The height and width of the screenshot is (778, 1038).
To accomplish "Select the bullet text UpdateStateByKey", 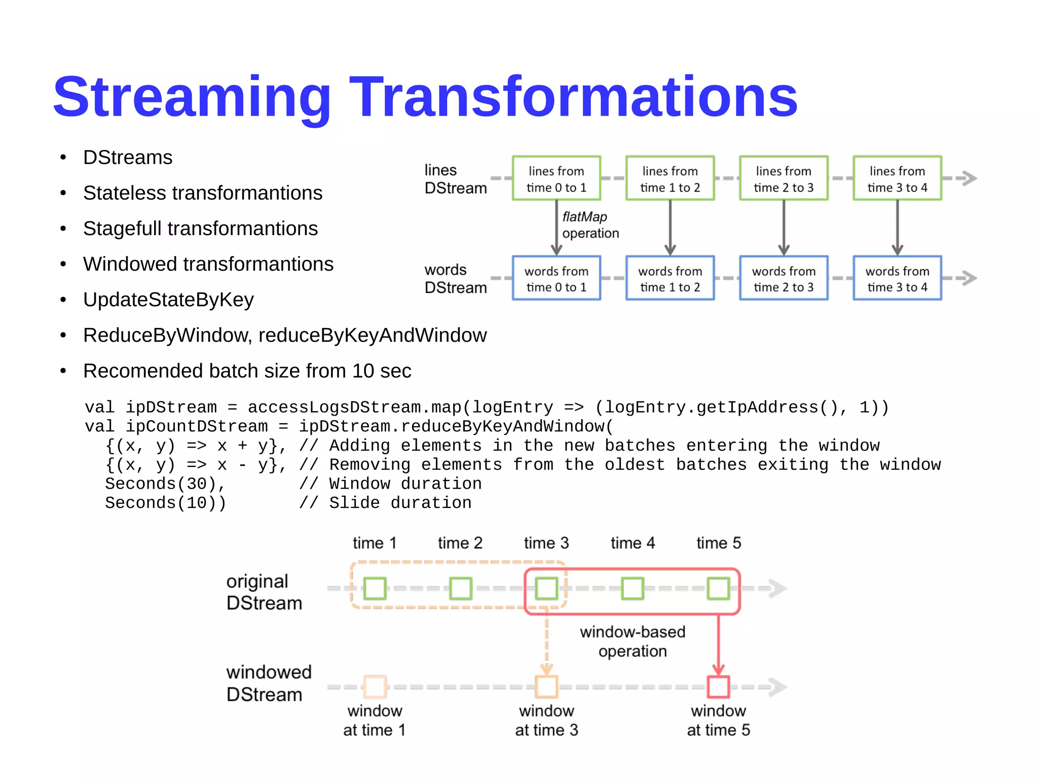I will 168,300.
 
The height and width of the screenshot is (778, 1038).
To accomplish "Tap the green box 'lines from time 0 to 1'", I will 556,178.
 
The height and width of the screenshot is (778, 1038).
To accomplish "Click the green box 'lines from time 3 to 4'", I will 897,178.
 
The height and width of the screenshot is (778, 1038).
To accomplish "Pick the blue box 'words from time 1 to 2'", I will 670,278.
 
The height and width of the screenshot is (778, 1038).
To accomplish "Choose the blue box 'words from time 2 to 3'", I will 783,278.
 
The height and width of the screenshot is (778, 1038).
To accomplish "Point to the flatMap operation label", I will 590,225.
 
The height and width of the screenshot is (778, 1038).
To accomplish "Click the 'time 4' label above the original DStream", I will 632,543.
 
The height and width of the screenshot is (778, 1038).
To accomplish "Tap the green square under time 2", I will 460,588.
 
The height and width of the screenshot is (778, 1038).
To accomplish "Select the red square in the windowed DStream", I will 718,687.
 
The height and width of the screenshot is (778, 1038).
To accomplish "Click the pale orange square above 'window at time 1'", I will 375,687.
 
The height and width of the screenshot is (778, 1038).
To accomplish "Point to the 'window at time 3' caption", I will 546,720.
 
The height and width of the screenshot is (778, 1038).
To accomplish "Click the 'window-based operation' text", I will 632,641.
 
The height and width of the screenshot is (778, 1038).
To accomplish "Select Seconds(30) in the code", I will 165,484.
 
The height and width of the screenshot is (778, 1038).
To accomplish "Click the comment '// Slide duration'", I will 385,503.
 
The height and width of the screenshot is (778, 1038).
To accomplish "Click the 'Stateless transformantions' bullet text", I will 202,193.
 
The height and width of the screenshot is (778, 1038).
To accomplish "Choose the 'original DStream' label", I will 264,592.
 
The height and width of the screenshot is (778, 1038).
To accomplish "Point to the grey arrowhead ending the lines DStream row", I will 969,178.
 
